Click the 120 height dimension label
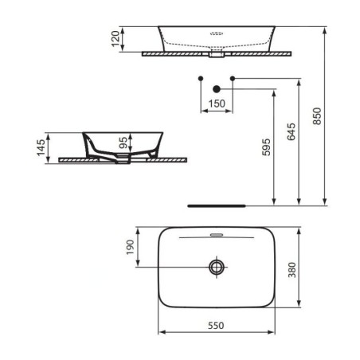[x=115, y=39]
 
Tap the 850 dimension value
[x=317, y=116]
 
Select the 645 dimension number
[x=292, y=131]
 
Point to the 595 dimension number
[x=266, y=147]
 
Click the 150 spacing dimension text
[x=217, y=104]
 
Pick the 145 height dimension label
[x=41, y=147]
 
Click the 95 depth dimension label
[x=123, y=143]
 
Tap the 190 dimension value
[x=130, y=247]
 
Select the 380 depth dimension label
[x=292, y=270]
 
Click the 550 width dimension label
[x=216, y=325]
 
